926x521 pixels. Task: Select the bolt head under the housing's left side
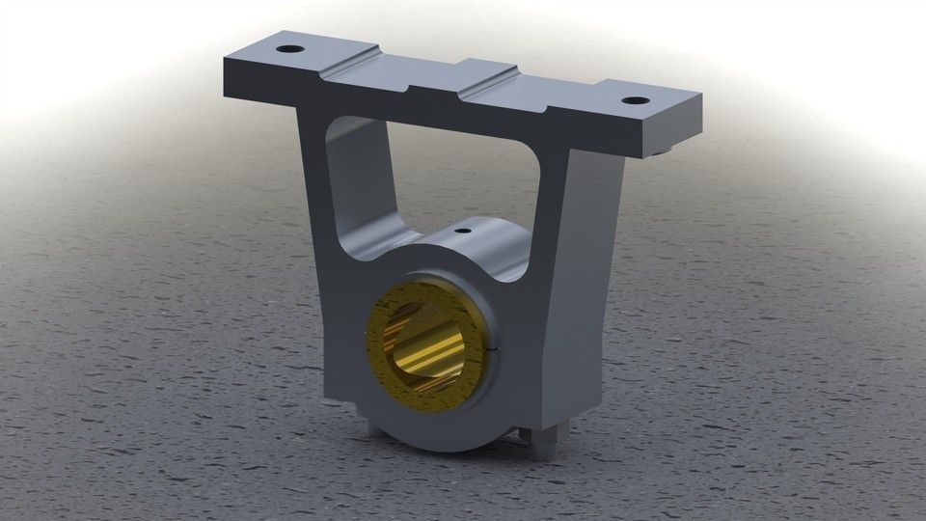[x=377, y=425]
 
